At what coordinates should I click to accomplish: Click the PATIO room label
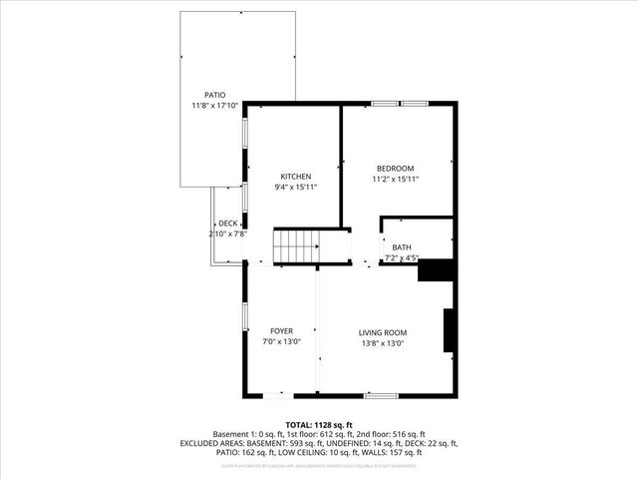215,95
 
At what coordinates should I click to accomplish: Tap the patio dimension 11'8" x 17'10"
215,106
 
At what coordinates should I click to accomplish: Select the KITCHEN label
295,176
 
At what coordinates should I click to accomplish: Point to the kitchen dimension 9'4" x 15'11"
295,187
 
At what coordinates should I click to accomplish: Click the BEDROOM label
395,168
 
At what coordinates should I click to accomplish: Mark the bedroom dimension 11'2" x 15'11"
395,180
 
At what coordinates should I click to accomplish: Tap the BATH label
402,247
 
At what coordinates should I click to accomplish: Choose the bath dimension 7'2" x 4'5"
402,258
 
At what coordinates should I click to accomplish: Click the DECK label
228,223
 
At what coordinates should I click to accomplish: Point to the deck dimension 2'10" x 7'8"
227,234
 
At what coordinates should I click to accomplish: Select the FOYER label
281,330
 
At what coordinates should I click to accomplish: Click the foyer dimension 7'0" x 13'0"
281,341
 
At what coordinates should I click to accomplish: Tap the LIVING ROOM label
383,332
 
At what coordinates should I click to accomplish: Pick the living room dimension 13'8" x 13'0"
383,343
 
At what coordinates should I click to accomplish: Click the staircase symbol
295,245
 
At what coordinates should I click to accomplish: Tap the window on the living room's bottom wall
380,396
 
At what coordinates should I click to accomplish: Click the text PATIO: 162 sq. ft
249,452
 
